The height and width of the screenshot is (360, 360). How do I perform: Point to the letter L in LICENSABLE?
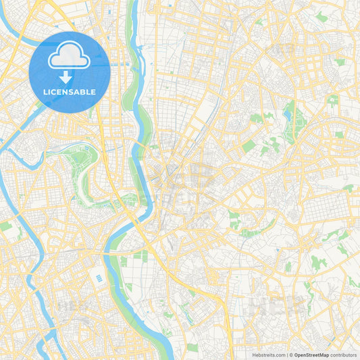[x=45, y=92]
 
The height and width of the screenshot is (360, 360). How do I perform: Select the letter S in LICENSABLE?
[x=70, y=92]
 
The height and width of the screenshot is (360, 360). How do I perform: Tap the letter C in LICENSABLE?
[x=54, y=92]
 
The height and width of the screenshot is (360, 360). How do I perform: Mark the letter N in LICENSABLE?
[x=65, y=92]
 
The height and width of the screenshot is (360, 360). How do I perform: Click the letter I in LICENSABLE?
[x=49, y=92]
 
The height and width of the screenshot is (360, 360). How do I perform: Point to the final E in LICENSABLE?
[x=93, y=92]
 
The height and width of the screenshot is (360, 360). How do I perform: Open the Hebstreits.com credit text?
[x=267, y=355]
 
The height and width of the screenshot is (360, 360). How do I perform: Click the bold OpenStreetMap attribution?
[x=310, y=355]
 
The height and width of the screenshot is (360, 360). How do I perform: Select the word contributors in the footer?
[x=343, y=355]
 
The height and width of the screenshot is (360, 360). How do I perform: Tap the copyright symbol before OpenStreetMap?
[x=291, y=355]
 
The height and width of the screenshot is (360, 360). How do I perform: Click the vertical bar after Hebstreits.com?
[x=286, y=355]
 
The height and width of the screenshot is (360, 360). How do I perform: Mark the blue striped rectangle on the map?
[x=99, y=278]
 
